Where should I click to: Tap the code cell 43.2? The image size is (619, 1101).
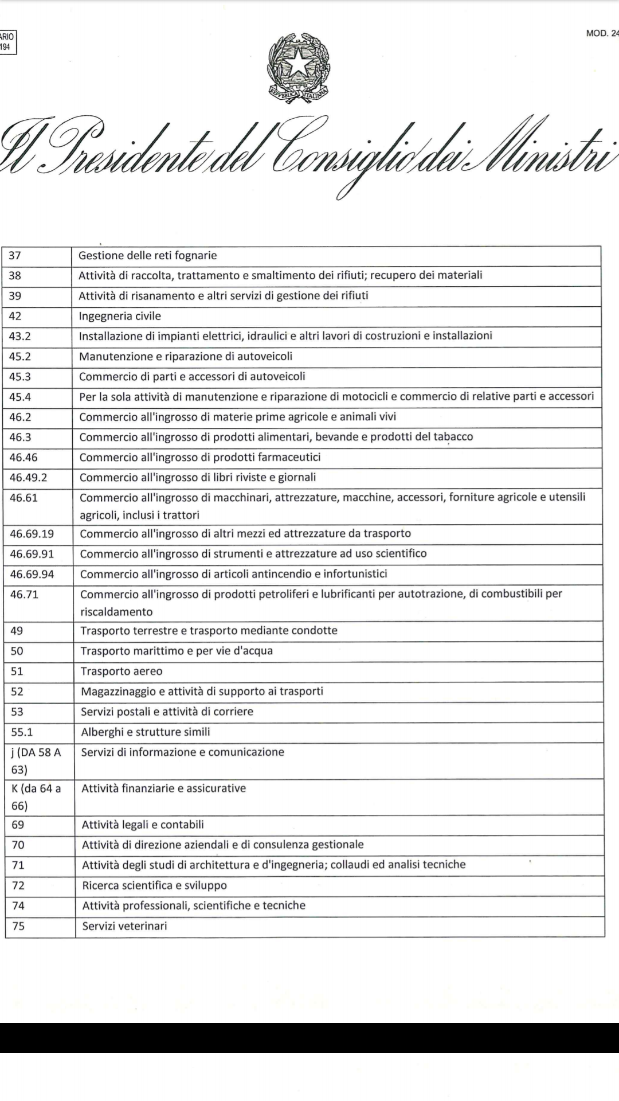pyautogui.click(x=20, y=336)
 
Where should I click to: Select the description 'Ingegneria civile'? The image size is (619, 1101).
pyautogui.click(x=120, y=316)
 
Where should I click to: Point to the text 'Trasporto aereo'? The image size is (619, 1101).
pyautogui.click(x=122, y=671)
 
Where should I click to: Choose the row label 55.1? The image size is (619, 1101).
pyautogui.click(x=22, y=732)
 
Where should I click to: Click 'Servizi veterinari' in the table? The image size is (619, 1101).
pyautogui.click(x=124, y=926)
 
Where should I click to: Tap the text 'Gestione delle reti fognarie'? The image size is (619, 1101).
pyautogui.click(x=147, y=255)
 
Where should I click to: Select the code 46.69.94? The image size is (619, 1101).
pyautogui.click(x=32, y=574)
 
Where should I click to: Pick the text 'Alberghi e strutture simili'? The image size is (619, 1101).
pyautogui.click(x=146, y=732)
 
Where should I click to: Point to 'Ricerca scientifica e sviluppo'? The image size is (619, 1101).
pyautogui.click(x=154, y=885)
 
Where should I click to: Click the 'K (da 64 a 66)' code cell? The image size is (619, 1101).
pyautogui.click(x=36, y=797)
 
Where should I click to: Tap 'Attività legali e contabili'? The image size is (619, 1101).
pyautogui.click(x=143, y=825)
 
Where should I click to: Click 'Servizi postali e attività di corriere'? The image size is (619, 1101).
pyautogui.click(x=167, y=711)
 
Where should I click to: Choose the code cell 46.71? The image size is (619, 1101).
pyautogui.click(x=24, y=594)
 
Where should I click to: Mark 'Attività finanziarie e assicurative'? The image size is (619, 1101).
pyautogui.click(x=163, y=788)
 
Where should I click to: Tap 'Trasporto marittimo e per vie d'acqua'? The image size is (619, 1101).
pyautogui.click(x=177, y=650)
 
